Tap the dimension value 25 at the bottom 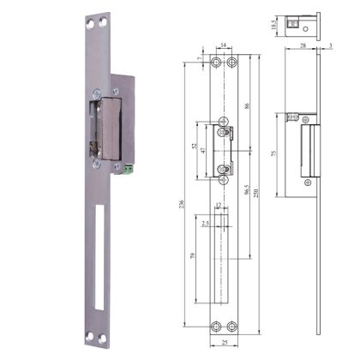tap(224, 344)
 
